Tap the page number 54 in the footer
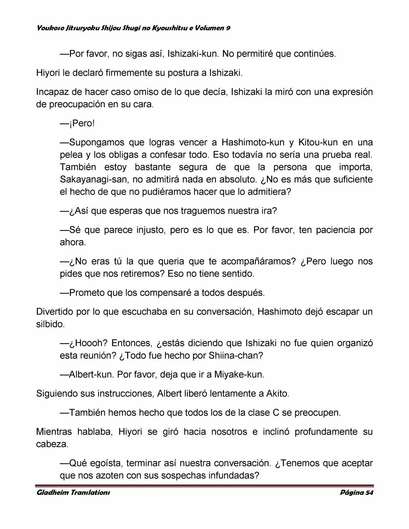pos(369,492)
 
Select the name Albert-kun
pos(90,374)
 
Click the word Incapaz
pos(52,92)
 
